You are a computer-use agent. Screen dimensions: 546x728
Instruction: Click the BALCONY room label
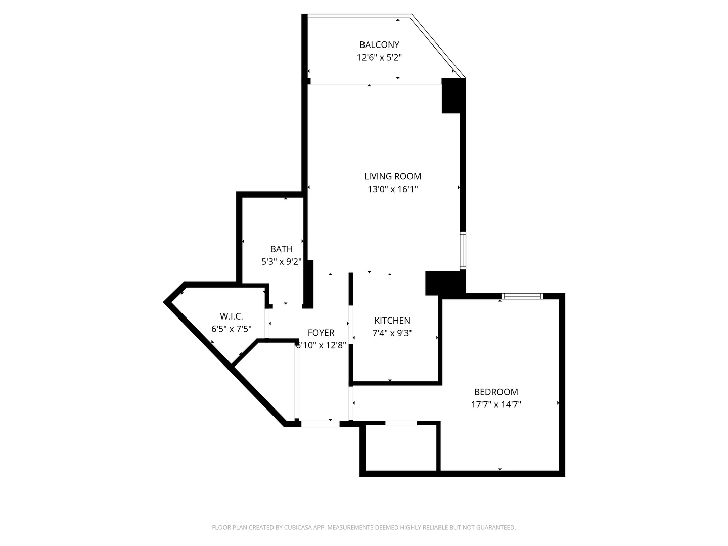coord(379,44)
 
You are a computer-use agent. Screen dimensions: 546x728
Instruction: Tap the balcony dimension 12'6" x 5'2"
coord(379,58)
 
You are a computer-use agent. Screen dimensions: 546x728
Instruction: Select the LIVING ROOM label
coord(392,176)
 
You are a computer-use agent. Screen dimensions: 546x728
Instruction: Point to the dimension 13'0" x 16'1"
coord(392,190)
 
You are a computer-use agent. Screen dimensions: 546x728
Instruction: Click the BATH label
coord(281,249)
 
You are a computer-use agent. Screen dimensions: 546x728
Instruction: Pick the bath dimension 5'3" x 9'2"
coord(281,262)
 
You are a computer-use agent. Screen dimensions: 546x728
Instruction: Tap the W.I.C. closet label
coord(231,316)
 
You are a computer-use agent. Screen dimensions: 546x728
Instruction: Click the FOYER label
coord(321,333)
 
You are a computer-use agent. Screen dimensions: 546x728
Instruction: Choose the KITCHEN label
coord(392,321)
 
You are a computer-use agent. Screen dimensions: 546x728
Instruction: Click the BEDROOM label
coord(496,392)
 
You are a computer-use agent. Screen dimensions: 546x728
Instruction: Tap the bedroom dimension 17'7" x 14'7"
coord(496,404)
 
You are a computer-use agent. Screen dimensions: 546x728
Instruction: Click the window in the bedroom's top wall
coord(522,296)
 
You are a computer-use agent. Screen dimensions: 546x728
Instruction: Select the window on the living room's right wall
coord(463,250)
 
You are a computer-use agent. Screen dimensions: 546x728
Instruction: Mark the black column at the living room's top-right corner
coord(453,96)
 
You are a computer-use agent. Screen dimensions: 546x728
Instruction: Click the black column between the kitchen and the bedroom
coord(444,283)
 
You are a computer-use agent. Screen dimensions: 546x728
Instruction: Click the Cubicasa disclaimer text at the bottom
coord(363,527)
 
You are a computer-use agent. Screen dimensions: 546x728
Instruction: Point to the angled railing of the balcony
coord(438,46)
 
